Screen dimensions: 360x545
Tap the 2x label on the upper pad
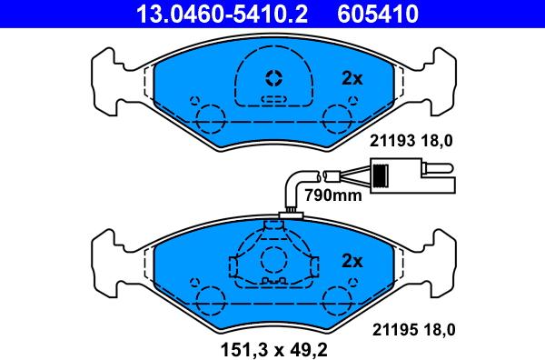click(x=352, y=79)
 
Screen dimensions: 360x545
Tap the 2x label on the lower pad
click(x=352, y=261)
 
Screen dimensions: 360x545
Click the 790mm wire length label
click(x=332, y=195)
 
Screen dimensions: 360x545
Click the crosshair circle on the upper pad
click(x=273, y=78)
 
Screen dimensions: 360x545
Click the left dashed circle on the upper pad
click(x=209, y=116)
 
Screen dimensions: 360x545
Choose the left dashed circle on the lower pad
click(x=209, y=298)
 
